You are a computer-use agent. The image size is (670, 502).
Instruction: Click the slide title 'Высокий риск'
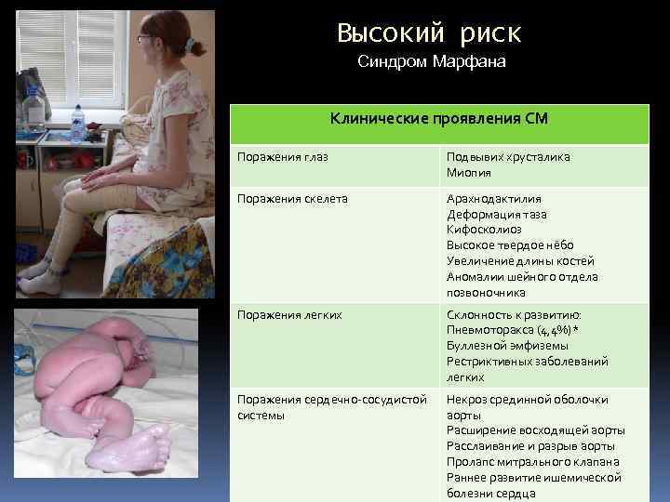[x=429, y=33]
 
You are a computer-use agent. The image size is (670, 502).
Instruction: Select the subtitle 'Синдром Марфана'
[x=432, y=63]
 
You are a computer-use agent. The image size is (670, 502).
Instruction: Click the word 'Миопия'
[x=468, y=173]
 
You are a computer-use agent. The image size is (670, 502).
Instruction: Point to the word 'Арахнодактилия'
[x=493, y=199]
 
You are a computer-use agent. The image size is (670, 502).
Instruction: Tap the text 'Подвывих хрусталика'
[x=508, y=157]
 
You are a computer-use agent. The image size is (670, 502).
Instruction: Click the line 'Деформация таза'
[x=497, y=215]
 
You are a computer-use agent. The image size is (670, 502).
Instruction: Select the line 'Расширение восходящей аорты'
[x=535, y=430]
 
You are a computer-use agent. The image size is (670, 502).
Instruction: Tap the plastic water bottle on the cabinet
[x=78, y=121]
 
